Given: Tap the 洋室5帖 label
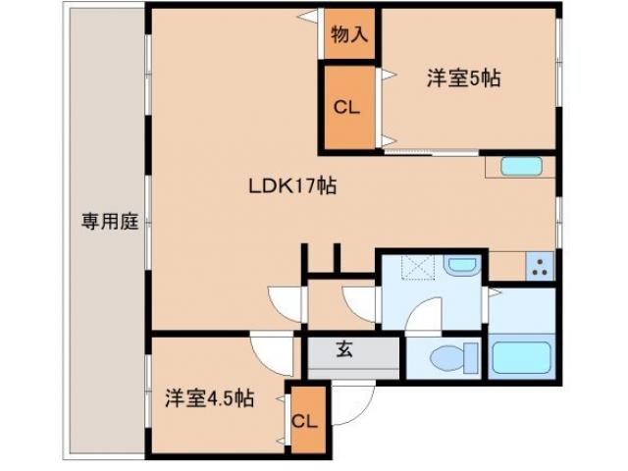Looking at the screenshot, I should coord(463,78).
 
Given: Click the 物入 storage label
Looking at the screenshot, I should coord(349,34).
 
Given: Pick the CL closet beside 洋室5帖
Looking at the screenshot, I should coord(348,107).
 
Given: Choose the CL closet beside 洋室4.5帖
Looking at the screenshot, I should coord(305,422).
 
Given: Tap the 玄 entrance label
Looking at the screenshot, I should coord(346,347).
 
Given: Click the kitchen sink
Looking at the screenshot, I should coord(521,166).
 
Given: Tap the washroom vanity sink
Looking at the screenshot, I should coord(459,266).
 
